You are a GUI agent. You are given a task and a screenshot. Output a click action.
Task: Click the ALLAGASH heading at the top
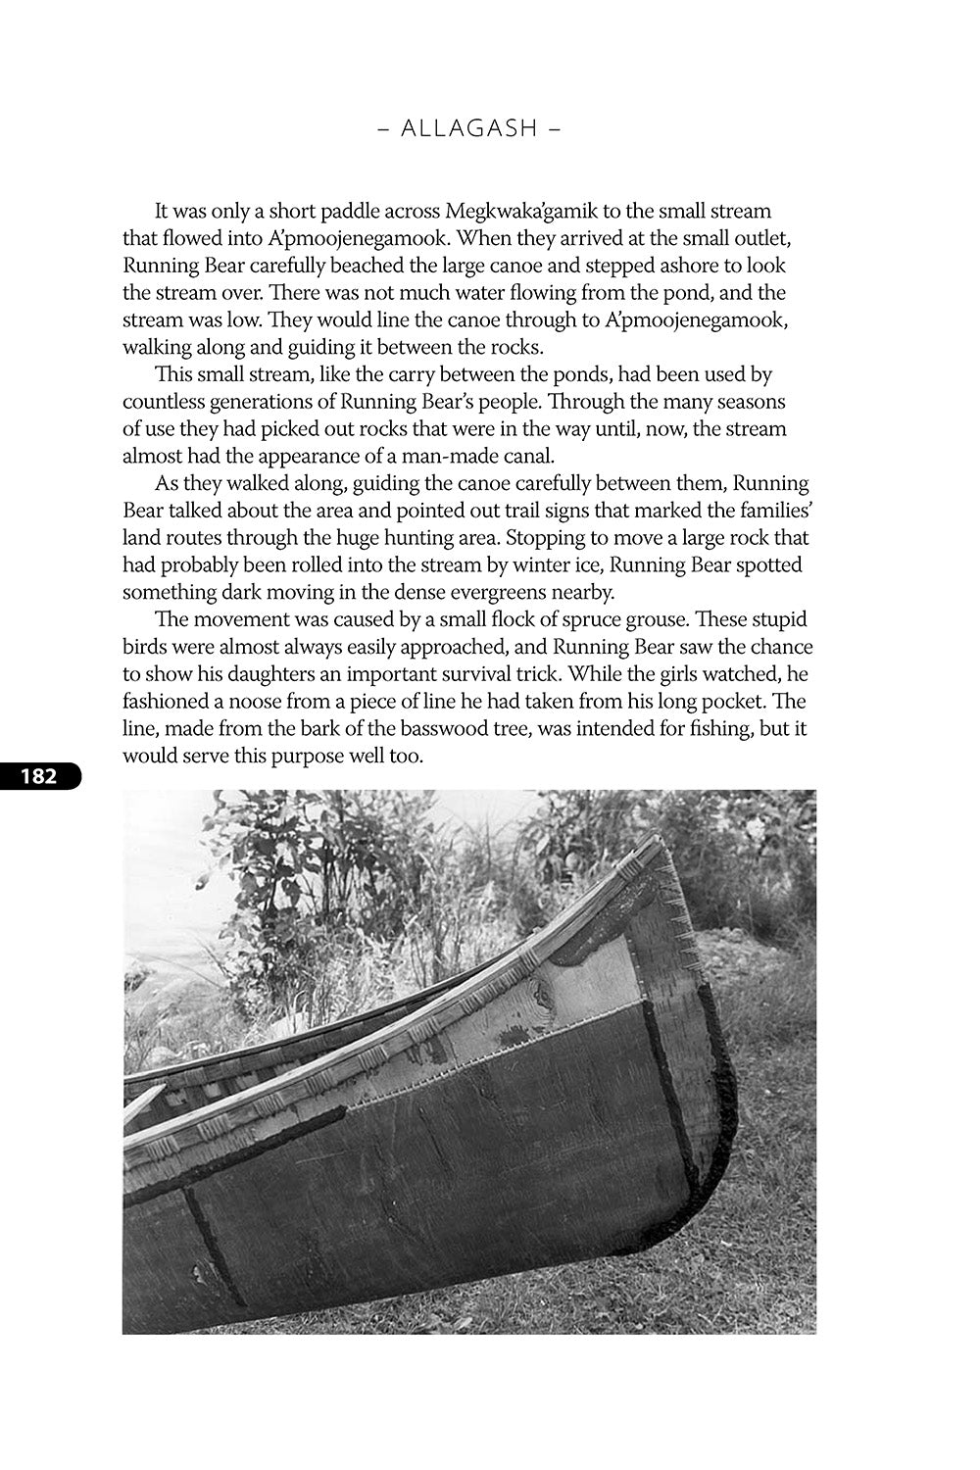point(470,128)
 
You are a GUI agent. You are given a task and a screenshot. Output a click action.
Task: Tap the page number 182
point(38,777)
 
